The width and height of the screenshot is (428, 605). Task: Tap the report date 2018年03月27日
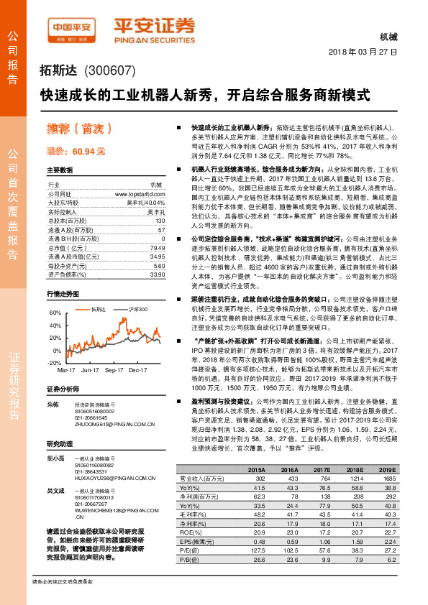(364, 54)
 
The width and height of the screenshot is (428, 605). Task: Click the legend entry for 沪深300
(137, 309)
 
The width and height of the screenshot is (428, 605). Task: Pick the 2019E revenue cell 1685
(387, 478)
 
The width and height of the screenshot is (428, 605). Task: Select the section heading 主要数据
(60, 170)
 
